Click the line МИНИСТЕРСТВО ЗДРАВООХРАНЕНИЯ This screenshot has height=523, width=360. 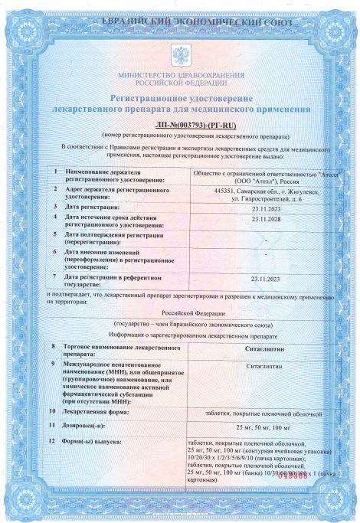tap(182, 74)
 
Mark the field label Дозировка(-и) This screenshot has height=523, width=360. tap(90, 425)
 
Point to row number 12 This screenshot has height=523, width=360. tap(53, 442)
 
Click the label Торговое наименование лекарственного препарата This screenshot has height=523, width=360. tap(116, 351)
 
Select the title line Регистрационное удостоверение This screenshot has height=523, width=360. tap(182, 99)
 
